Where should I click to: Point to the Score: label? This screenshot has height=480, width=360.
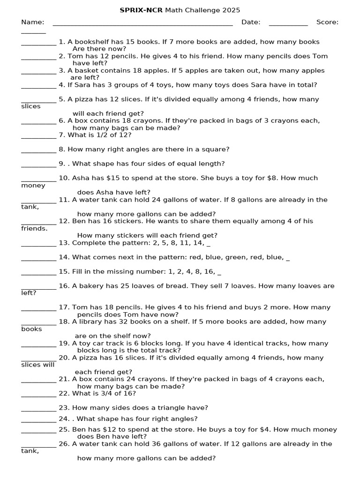point(327,22)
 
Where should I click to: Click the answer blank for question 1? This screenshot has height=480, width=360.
point(38,44)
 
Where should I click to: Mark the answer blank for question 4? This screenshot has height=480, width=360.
point(38,87)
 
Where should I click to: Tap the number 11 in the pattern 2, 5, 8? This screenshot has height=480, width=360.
point(183,243)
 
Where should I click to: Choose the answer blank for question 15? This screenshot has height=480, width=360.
point(38,274)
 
